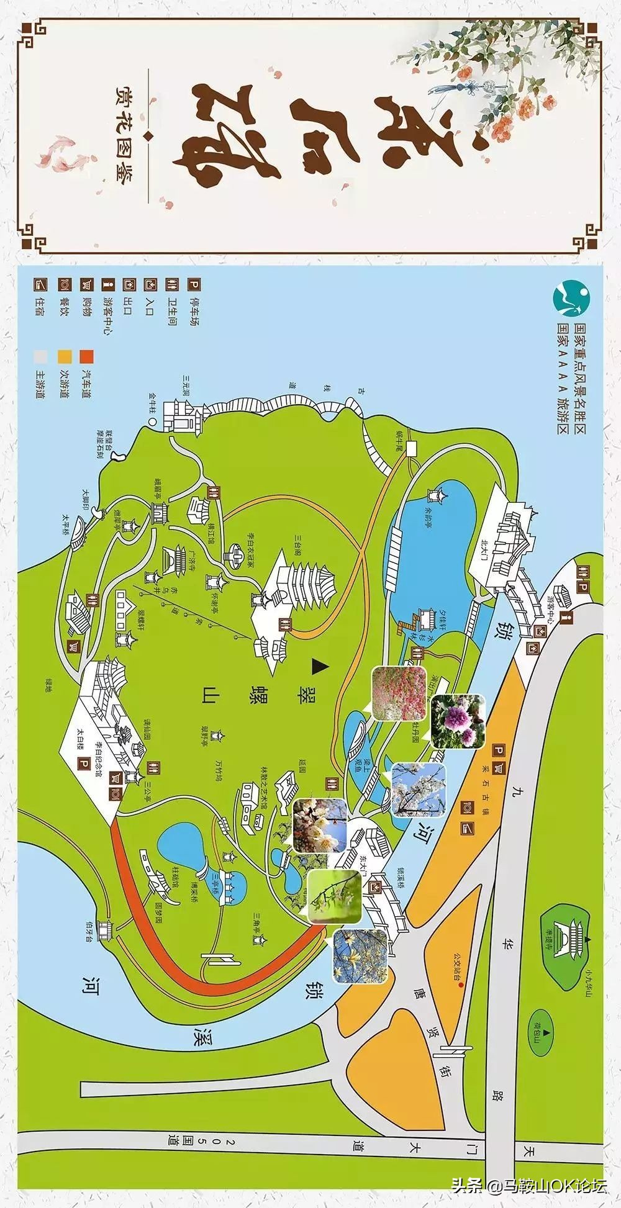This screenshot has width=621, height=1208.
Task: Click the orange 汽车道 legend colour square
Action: pyautogui.click(x=86, y=356)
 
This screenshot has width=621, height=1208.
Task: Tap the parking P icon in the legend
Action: pyautogui.click(x=194, y=285)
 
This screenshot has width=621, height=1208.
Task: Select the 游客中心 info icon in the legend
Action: pyautogui.click(x=109, y=285)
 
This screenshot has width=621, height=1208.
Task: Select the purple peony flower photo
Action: pyautogui.click(x=457, y=721)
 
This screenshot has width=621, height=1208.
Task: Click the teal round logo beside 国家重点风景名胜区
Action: pyautogui.click(x=572, y=299)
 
